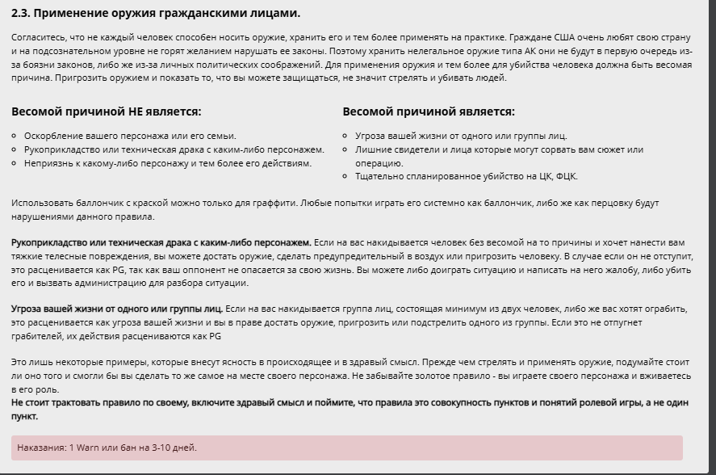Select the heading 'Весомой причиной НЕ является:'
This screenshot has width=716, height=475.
107,111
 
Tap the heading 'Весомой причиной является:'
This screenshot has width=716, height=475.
428,111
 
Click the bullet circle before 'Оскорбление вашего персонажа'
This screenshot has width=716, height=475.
15,136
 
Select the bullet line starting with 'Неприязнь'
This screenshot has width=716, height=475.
167,163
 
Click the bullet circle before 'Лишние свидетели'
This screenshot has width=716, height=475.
345,149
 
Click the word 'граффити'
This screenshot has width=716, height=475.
274,203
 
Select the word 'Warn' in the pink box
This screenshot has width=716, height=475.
88,448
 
